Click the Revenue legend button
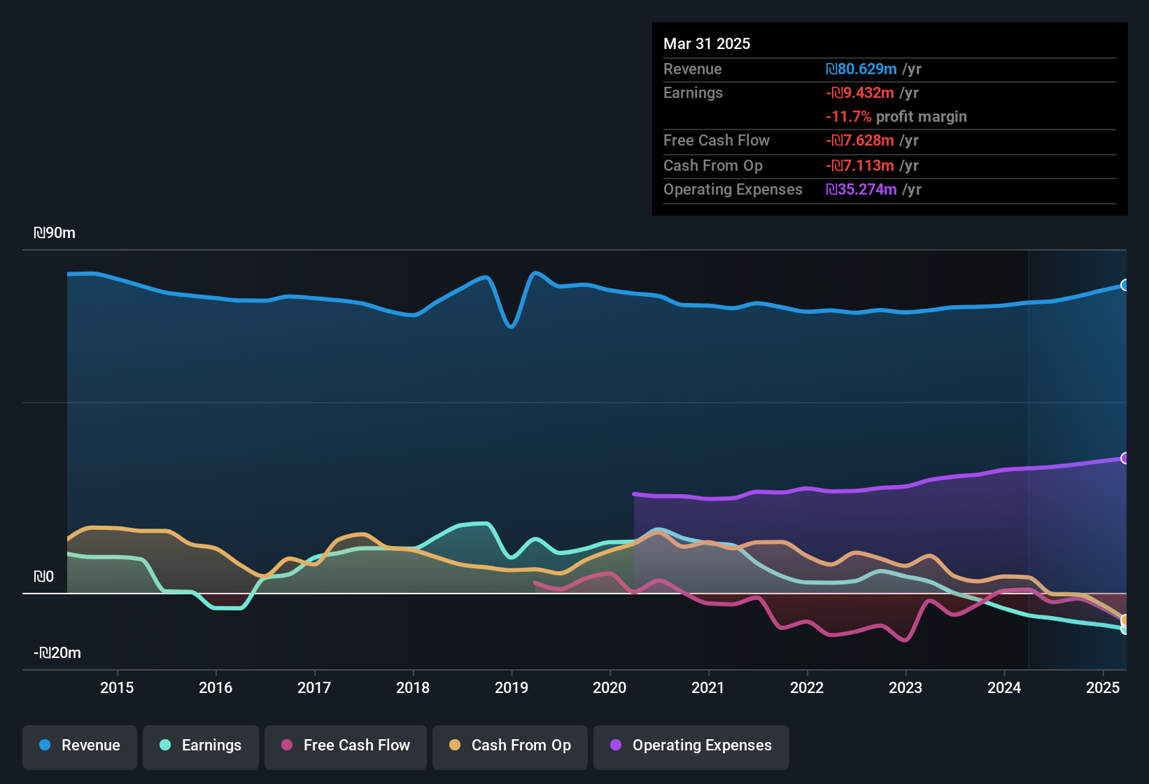pos(80,745)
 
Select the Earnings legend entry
pos(201,745)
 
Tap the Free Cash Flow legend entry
pos(346,745)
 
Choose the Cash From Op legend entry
pos(510,745)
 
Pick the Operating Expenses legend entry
pos(691,745)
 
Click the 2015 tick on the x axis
pos(117,687)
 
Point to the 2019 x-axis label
pos(512,687)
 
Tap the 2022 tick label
pos(807,687)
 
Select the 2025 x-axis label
pos(1103,687)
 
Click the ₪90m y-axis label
pos(55,233)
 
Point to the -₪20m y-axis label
pos(57,653)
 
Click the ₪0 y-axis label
pos(43,577)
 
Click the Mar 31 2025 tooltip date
pos(707,43)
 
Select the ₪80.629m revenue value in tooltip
pos(861,69)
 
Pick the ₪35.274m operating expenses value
pos(861,190)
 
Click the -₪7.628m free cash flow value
pos(860,141)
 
